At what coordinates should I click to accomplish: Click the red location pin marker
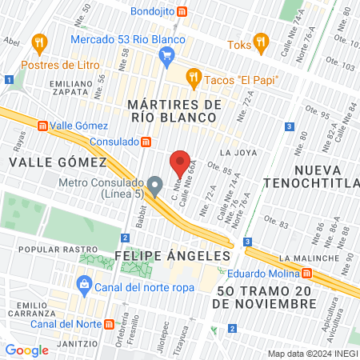(x=181, y=164)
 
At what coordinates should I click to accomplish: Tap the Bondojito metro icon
(x=183, y=12)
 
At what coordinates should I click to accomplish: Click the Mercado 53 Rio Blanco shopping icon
(x=166, y=54)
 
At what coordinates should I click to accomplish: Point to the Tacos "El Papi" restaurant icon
(x=192, y=78)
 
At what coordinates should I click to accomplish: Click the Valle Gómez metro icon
(x=41, y=125)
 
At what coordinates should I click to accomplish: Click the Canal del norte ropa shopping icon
(x=83, y=284)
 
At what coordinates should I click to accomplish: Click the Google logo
(x=27, y=350)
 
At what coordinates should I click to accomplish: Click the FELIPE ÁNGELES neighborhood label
(x=172, y=256)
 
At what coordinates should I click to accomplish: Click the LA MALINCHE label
(x=310, y=258)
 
